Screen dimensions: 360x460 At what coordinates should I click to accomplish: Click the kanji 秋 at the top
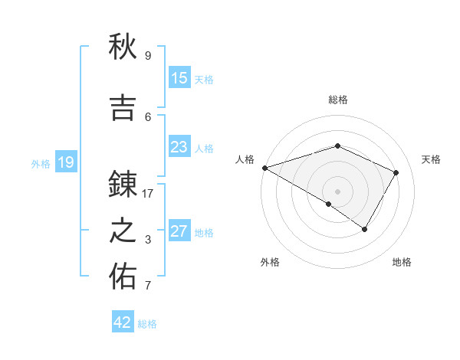[x=123, y=47]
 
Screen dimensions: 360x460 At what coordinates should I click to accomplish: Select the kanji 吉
[x=123, y=108]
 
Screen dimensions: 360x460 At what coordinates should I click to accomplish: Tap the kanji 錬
[x=123, y=185]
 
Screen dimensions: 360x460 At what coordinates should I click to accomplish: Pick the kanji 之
[x=123, y=231]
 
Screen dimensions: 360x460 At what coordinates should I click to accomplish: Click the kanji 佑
[x=123, y=277]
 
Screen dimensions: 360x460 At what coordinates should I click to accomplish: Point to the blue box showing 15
[x=179, y=78]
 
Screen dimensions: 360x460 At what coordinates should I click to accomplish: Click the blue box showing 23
[x=179, y=147]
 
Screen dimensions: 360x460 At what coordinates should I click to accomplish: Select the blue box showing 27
[x=179, y=231]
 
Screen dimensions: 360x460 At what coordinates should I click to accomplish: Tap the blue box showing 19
[x=65, y=162]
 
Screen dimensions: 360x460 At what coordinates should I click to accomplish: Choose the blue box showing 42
[x=123, y=322]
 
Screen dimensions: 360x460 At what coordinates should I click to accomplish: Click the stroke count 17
[x=148, y=194]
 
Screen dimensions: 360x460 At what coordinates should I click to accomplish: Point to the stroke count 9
[x=148, y=56]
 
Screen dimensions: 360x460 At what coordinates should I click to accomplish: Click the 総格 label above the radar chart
[x=337, y=100]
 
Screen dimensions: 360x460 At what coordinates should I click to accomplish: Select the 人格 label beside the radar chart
[x=245, y=159]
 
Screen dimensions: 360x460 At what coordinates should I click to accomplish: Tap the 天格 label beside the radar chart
[x=431, y=159]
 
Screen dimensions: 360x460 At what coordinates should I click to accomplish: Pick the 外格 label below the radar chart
[x=270, y=262]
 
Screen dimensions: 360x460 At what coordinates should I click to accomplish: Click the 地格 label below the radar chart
[x=402, y=262]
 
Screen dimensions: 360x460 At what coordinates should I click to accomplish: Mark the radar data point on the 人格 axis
[x=264, y=168]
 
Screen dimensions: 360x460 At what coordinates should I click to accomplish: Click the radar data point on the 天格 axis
[x=396, y=172]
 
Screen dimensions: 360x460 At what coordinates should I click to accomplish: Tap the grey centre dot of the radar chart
[x=337, y=191]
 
